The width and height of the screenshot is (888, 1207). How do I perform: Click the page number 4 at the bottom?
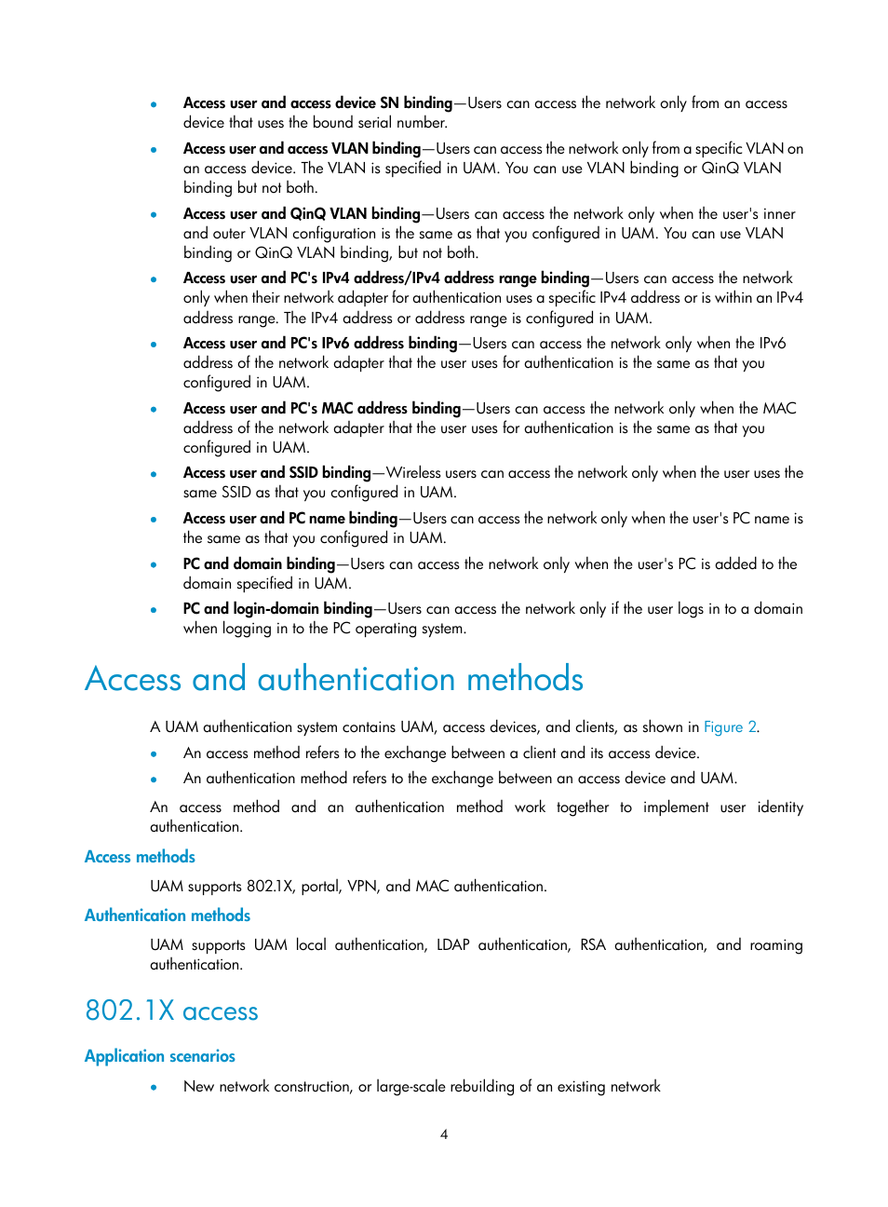click(x=444, y=1134)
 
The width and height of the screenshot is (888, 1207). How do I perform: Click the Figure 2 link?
click(x=730, y=727)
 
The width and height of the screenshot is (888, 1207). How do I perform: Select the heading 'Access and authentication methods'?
click(x=334, y=680)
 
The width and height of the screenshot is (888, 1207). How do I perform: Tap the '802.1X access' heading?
click(x=171, y=1011)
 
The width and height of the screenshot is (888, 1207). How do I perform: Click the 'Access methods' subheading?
click(x=140, y=857)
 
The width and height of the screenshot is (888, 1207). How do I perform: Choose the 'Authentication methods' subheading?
click(x=168, y=915)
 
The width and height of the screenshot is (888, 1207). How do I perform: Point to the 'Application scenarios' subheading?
click(x=160, y=1056)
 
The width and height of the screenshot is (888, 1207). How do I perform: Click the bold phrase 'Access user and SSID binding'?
click(x=276, y=473)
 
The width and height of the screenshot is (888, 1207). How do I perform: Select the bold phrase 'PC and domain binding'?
click(x=259, y=564)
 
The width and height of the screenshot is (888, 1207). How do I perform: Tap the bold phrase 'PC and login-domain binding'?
click(x=277, y=609)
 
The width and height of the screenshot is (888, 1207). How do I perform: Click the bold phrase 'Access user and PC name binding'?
click(x=290, y=519)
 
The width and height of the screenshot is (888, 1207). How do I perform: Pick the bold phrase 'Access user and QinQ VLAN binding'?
click(x=302, y=214)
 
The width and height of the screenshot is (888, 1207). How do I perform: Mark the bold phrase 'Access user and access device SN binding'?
click(x=317, y=103)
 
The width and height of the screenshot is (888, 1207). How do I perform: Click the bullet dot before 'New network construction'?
click(x=154, y=1088)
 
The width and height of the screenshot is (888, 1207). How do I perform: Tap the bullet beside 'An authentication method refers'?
click(x=154, y=780)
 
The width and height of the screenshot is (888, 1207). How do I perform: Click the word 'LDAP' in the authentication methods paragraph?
click(x=453, y=945)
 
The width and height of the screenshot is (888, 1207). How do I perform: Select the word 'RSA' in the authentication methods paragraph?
click(x=593, y=945)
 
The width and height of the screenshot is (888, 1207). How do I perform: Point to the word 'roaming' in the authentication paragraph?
click(x=776, y=945)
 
